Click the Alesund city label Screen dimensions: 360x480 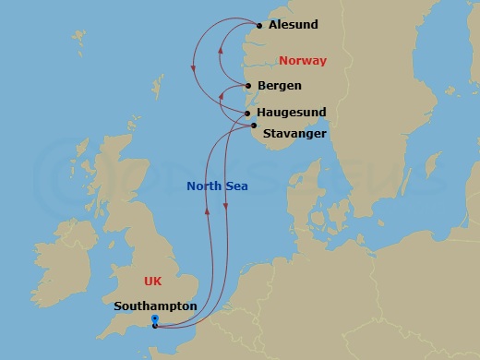[x=294, y=25]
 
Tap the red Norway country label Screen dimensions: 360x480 [x=303, y=61]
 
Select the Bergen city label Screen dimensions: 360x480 [x=280, y=86]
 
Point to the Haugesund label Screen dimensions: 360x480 [x=291, y=113]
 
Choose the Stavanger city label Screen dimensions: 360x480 [x=294, y=134]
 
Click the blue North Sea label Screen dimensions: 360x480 [x=217, y=186]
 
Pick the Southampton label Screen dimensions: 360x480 [x=156, y=306]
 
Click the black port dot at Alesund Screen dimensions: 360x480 [x=259, y=26]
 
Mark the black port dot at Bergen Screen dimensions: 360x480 [x=247, y=86]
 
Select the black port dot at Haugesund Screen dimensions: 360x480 [x=247, y=114]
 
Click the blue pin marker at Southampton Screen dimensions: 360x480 [x=154, y=321]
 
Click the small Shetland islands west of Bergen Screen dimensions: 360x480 [x=160, y=88]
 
